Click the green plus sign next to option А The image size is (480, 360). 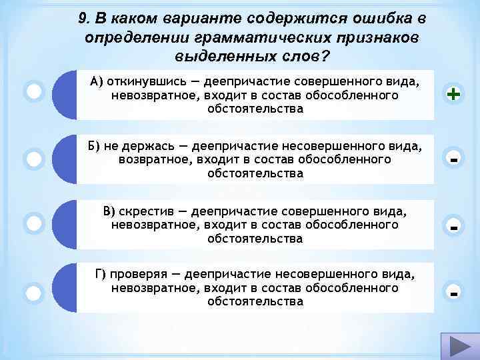[x=454, y=95]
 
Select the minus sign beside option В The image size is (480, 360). [x=454, y=227]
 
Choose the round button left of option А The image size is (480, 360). [x=34, y=91]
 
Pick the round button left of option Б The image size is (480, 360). [x=34, y=159]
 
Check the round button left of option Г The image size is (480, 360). [x=34, y=292]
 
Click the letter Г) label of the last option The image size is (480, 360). [x=101, y=275]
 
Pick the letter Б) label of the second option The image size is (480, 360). [x=96, y=147]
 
